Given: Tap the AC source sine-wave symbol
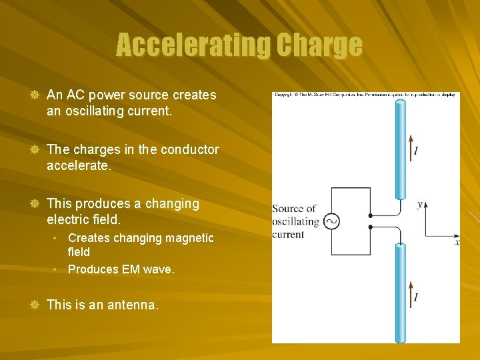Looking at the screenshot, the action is (x=331, y=221).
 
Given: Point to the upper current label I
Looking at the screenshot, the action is (x=416, y=151).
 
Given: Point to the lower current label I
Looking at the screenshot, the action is (x=416, y=297).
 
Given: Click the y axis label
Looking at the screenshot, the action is (x=420, y=204).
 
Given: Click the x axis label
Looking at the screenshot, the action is (x=457, y=242).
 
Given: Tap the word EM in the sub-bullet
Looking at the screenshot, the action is (x=131, y=269).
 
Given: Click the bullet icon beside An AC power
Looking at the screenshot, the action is (x=33, y=95).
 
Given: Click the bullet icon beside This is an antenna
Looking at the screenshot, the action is (x=33, y=305).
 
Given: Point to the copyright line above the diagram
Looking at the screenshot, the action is (x=365, y=95).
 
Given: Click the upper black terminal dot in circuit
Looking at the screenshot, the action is (x=371, y=216).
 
